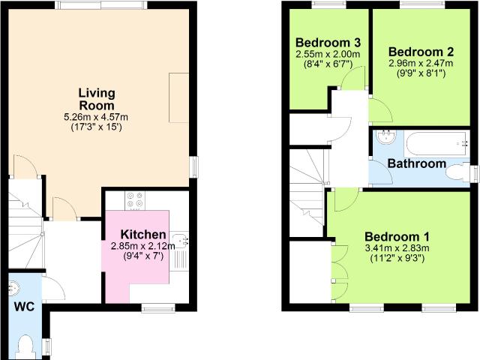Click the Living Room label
(97, 99)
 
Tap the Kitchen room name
(143, 235)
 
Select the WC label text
(25, 307)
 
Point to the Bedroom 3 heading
(328, 43)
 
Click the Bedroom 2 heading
(421, 52)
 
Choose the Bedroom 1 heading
(397, 237)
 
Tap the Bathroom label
(417, 163)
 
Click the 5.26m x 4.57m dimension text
(96, 117)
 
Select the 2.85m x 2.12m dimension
(143, 246)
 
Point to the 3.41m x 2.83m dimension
(397, 248)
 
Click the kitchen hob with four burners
(135, 200)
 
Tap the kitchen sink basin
(181, 240)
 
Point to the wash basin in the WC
(13, 288)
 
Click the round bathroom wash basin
(387, 137)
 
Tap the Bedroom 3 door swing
(352, 78)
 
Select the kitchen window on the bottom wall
(158, 308)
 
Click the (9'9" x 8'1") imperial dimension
(421, 73)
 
